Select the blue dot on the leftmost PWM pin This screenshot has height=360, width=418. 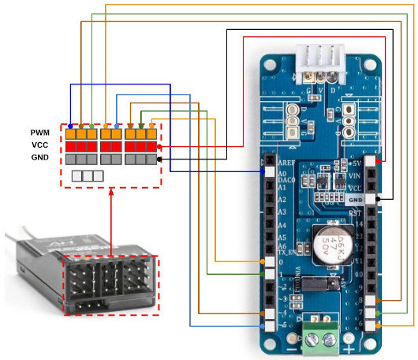pos(70,126)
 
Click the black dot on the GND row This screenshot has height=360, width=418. pos(160,159)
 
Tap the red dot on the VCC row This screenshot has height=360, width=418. pos(160,147)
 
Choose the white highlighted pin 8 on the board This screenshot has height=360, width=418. pos(380,301)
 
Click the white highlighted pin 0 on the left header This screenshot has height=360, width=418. pos(270,261)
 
